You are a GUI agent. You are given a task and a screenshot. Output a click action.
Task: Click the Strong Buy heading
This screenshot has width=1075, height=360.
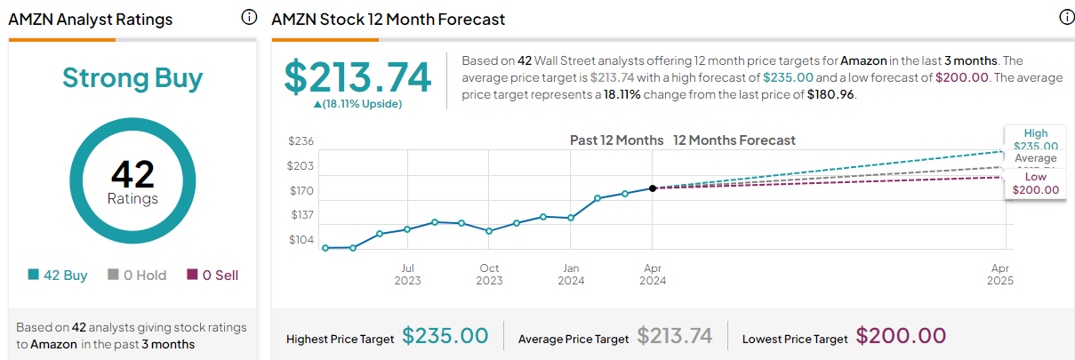(x=132, y=78)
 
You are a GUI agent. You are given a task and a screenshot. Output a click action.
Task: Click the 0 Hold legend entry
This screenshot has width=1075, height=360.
(x=137, y=276)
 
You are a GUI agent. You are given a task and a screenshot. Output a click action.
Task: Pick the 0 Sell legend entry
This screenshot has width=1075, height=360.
(x=213, y=276)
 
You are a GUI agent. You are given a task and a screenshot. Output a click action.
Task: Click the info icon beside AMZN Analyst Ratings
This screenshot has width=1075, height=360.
(x=249, y=18)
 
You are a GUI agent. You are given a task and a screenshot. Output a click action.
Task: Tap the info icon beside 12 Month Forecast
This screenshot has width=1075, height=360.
(x=1066, y=18)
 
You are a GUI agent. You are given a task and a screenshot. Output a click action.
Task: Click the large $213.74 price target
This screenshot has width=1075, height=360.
(x=357, y=78)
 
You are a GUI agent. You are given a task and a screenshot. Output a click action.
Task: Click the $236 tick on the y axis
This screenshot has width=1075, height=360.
(x=301, y=141)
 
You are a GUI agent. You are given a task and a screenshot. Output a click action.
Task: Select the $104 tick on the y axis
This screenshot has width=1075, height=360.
(x=301, y=240)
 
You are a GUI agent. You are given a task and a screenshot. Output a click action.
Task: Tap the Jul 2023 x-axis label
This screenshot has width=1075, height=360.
(x=407, y=274)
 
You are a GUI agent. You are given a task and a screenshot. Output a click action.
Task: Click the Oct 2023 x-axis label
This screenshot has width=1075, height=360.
(x=489, y=274)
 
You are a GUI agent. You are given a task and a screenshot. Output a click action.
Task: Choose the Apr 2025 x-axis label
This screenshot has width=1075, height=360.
(x=1000, y=274)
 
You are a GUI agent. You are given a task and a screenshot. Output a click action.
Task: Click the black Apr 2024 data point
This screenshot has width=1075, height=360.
(x=653, y=188)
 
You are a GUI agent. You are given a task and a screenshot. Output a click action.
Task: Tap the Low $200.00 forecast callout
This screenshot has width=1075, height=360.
(x=1036, y=183)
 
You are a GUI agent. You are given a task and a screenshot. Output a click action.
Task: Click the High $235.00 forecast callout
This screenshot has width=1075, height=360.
(x=1036, y=140)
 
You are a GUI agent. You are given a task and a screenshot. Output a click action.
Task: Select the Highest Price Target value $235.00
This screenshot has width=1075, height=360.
(x=445, y=336)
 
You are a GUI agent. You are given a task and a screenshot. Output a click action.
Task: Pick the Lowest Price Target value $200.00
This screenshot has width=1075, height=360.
(x=901, y=336)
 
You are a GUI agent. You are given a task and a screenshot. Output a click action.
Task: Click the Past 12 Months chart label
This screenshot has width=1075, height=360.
(x=616, y=140)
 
